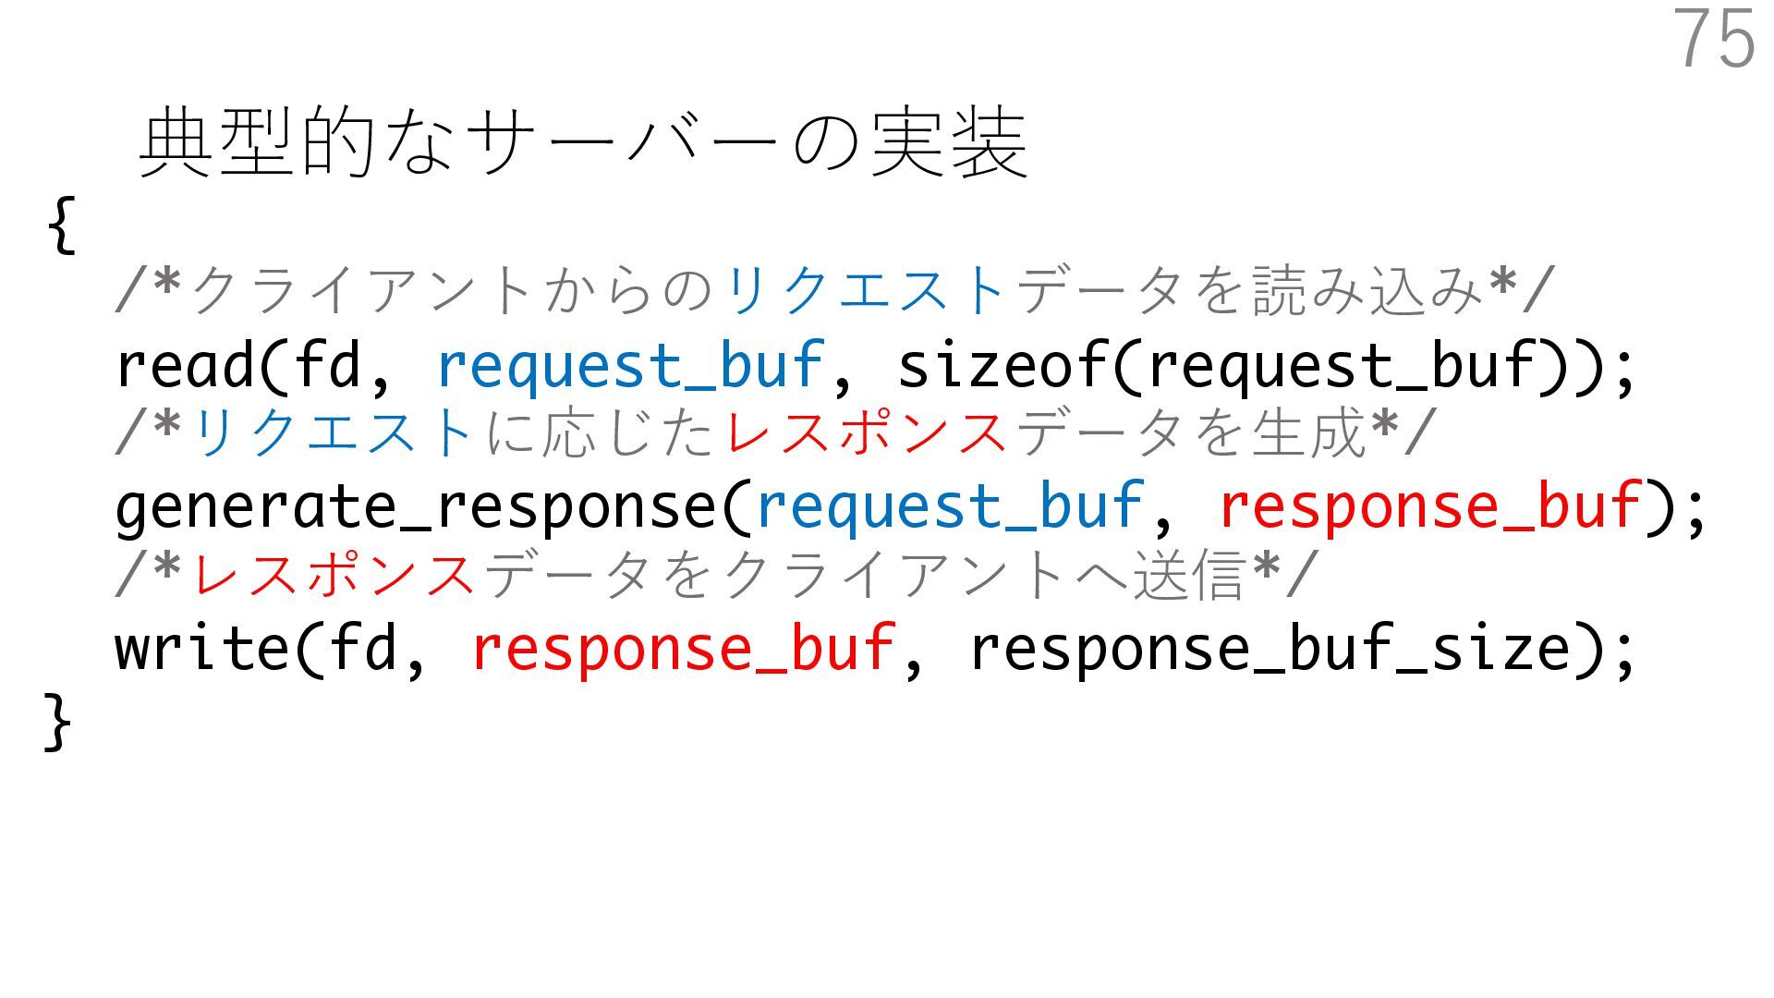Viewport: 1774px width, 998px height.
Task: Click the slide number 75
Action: point(1714,39)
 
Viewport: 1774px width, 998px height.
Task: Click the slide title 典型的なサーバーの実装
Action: point(582,142)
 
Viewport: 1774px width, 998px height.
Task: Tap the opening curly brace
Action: point(61,224)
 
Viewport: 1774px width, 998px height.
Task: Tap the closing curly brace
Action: point(57,721)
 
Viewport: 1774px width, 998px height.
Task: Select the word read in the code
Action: point(184,365)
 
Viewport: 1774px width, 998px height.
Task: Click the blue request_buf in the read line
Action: point(629,365)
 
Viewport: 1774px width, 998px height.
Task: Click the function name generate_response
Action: point(416,507)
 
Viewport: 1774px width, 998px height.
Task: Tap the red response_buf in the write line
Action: point(683,648)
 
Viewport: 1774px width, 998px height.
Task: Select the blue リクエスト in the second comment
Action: point(334,432)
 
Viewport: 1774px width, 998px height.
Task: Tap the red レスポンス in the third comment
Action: point(334,574)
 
